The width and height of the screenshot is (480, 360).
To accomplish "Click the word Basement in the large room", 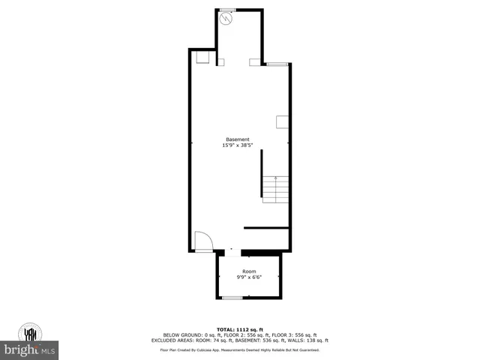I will click(238, 139).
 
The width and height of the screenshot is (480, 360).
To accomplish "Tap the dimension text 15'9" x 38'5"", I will click(238, 145).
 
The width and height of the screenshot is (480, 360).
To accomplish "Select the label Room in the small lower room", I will click(249, 271).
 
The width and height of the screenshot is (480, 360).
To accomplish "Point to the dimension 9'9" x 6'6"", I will click(249, 277).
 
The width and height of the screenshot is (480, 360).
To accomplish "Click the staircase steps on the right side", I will click(275, 189).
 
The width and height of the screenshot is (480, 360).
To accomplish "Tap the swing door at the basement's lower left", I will click(202, 241).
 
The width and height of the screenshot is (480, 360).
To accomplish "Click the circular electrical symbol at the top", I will click(229, 21).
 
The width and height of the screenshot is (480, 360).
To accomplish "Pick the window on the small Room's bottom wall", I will click(232, 298).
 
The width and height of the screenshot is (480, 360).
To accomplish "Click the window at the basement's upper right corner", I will click(277, 64).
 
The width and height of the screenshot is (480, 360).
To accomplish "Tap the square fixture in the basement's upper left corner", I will click(202, 57).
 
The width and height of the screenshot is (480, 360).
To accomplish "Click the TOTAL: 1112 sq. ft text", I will click(240, 329).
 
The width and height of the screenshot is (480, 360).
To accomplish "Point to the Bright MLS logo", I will click(31, 350).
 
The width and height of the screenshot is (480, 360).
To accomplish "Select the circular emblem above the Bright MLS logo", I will click(31, 333).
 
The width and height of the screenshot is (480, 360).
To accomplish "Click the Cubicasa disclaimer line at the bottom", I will click(240, 349).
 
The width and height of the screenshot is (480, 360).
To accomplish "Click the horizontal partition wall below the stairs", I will click(266, 227).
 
